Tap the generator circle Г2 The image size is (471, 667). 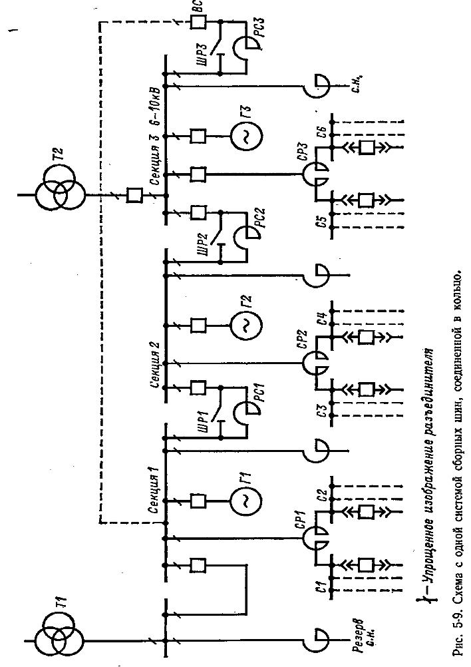tap(245, 325)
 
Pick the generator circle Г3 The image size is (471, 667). tap(245, 136)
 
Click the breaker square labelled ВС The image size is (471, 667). tap(198, 23)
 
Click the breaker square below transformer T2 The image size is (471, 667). tap(135, 195)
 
